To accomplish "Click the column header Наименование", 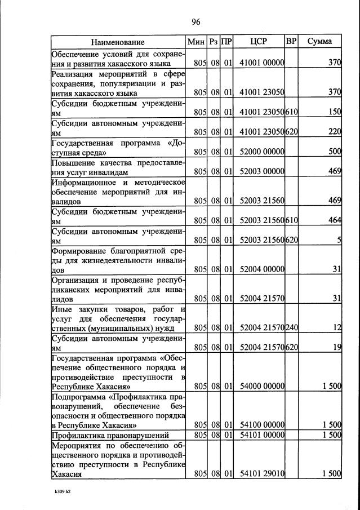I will click(118, 42).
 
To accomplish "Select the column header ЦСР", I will click(260, 42).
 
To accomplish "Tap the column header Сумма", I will click(319, 42).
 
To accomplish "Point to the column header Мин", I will click(197, 42).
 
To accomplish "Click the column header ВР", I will click(291, 42).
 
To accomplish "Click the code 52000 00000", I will click(262, 152).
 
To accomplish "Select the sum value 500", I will click(335, 152).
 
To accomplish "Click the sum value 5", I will click(339, 241).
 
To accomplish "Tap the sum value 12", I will click(337, 327).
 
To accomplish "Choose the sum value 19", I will click(337, 348).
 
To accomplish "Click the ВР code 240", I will click(292, 327).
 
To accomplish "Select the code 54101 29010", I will click(262, 474).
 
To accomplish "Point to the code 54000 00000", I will click(262, 386).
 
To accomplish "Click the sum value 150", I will click(335, 112).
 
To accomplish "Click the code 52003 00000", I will click(262, 171).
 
